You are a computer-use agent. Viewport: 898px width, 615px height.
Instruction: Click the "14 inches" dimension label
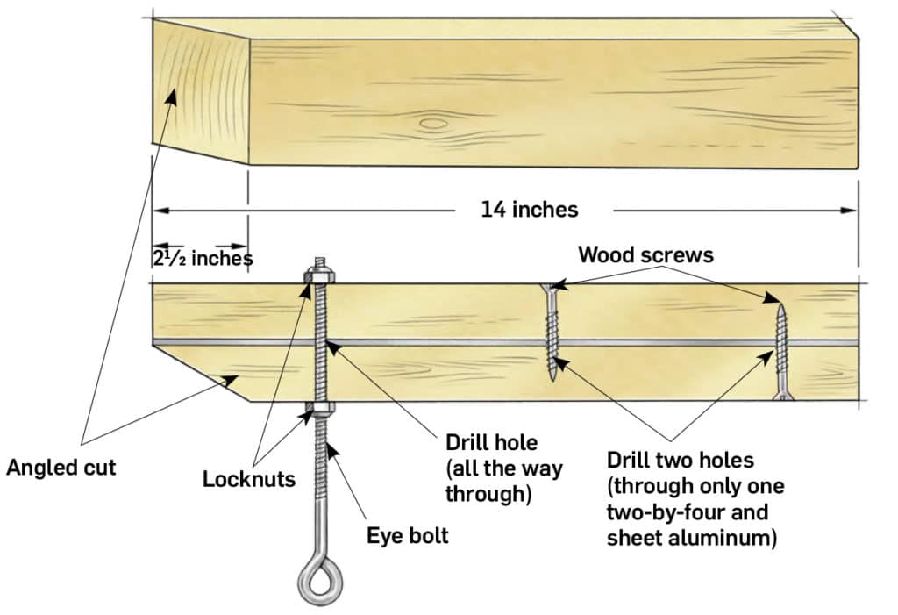tap(529, 210)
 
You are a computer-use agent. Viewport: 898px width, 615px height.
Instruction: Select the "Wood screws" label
tap(645, 254)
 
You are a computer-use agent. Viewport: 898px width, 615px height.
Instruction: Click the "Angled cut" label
tap(61, 467)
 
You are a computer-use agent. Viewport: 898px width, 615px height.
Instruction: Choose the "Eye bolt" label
tap(407, 534)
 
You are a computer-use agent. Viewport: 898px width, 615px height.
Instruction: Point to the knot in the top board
tap(433, 124)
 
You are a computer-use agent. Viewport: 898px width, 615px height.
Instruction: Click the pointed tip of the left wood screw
tap(552, 377)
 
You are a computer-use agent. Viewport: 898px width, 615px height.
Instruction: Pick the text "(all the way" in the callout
tap(502, 467)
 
